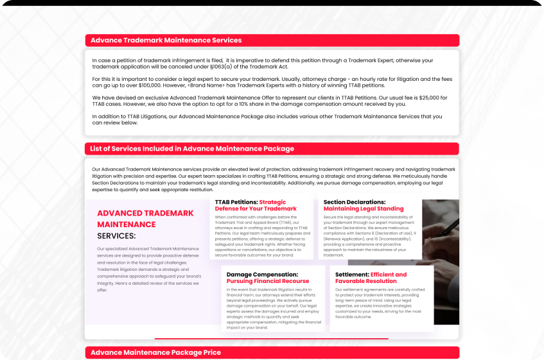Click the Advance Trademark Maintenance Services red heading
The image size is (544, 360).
point(166,40)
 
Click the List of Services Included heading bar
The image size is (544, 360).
point(192,149)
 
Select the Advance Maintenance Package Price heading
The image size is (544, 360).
point(155,353)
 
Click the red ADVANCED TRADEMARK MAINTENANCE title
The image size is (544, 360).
point(144,218)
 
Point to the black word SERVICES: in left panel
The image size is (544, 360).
point(116,236)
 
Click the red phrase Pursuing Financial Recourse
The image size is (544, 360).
point(267,281)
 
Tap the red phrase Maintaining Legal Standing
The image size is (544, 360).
point(363,209)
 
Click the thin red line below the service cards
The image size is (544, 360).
point(271,338)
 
